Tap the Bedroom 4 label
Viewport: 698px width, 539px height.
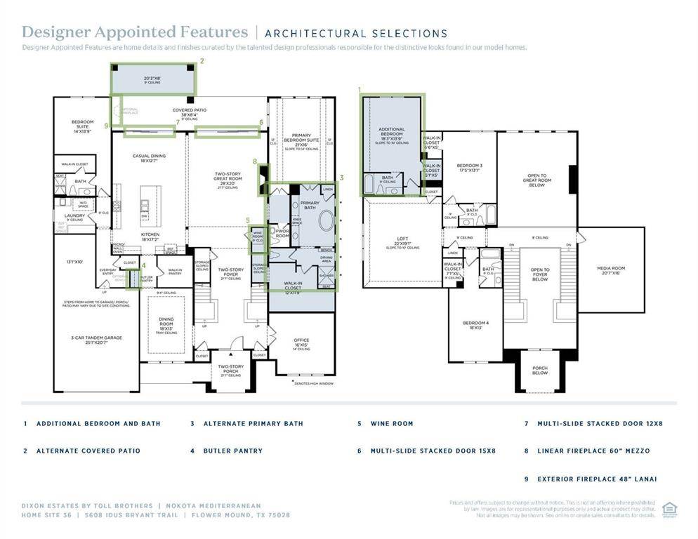[x=475, y=326]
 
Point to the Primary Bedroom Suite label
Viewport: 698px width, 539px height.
[x=301, y=140]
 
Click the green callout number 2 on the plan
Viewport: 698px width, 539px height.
[x=202, y=61]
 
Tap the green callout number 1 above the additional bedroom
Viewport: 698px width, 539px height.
[x=360, y=90]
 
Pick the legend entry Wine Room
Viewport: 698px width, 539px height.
[x=392, y=424]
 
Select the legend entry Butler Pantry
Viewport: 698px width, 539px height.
[x=232, y=451]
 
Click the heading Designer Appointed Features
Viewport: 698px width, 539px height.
[x=135, y=32]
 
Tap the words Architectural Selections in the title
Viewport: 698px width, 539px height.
[x=356, y=33]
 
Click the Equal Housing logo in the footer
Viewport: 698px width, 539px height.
[x=669, y=508]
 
